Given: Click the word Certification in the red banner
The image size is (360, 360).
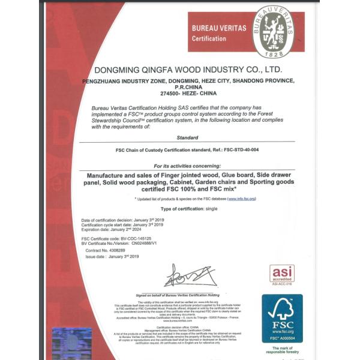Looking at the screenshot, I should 209,39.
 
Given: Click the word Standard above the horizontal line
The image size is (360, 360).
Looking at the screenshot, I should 188,137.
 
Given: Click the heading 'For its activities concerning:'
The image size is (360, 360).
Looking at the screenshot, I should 188,165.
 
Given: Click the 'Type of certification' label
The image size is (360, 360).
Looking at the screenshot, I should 176,208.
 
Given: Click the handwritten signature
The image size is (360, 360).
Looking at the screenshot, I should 188,276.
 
